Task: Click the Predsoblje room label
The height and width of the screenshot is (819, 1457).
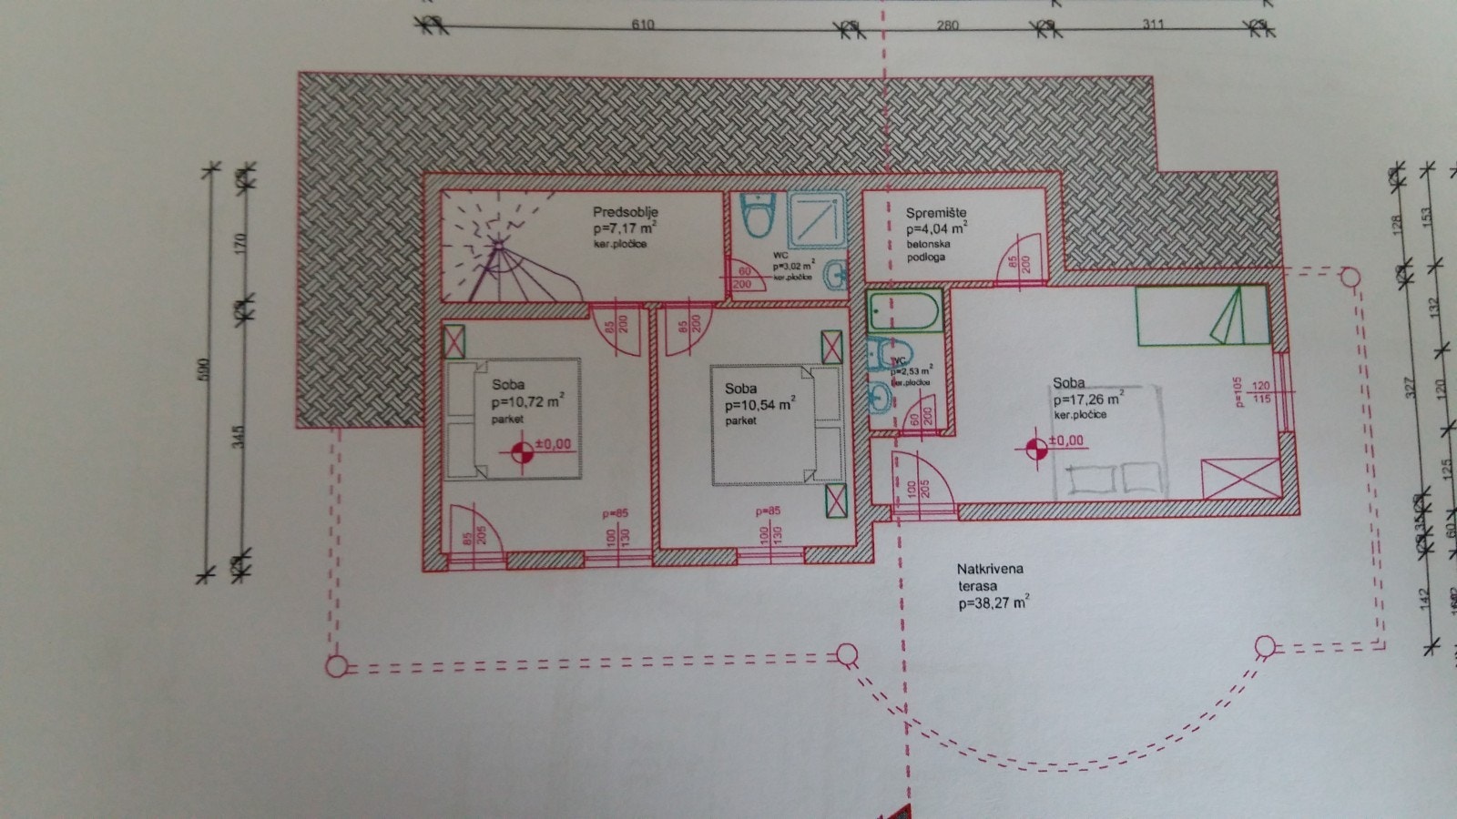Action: click(x=625, y=213)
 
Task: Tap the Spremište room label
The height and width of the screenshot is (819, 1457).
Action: click(x=935, y=213)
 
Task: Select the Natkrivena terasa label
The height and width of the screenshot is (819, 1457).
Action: click(x=990, y=577)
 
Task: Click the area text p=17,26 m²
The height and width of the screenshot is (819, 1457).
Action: click(x=1087, y=399)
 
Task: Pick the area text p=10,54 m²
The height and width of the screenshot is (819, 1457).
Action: click(x=760, y=404)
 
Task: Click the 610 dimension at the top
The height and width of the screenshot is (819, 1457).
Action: click(x=643, y=25)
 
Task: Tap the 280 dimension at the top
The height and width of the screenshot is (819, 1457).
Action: click(x=947, y=25)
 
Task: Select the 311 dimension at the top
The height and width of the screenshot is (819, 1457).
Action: click(x=1153, y=24)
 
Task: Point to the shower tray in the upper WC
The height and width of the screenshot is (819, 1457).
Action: click(x=817, y=218)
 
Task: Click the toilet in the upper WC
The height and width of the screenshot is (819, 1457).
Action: click(x=755, y=217)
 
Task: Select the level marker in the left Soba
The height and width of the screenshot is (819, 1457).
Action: click(x=522, y=451)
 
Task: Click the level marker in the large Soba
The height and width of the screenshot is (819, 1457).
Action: click(x=1035, y=448)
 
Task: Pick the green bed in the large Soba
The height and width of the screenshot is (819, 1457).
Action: click(x=1201, y=315)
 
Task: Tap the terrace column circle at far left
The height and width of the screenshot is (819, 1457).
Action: click(x=336, y=667)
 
